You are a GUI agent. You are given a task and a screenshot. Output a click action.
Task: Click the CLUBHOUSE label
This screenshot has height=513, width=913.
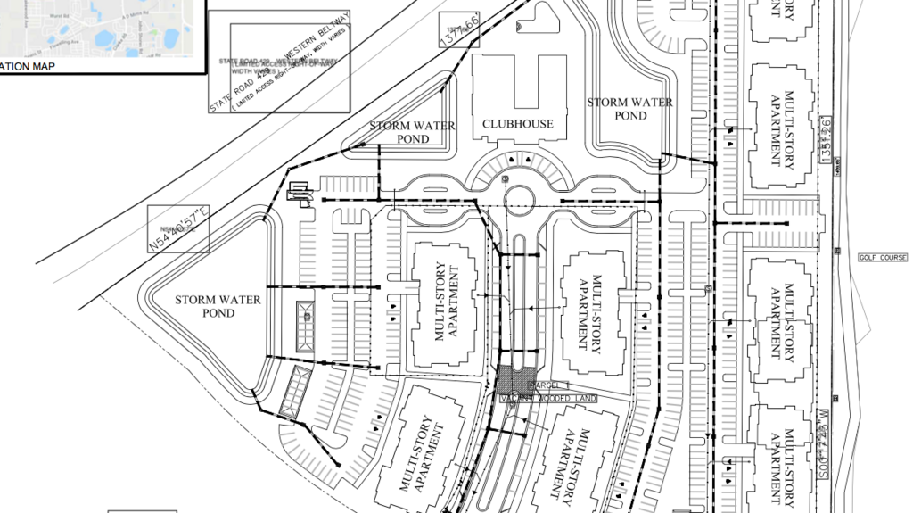tap(517, 124)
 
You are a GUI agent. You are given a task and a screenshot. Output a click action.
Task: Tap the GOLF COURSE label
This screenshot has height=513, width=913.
tap(882, 257)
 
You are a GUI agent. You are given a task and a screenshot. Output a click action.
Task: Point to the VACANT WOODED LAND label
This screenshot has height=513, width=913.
tap(547, 398)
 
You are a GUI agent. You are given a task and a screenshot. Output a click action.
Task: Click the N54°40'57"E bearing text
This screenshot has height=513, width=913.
tap(178, 228)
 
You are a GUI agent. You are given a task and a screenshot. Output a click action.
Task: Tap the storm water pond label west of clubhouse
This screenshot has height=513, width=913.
tap(412, 132)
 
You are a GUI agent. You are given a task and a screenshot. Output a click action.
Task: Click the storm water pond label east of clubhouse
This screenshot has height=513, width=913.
tap(629, 109)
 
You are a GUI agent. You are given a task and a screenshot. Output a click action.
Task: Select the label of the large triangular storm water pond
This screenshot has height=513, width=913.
tap(218, 306)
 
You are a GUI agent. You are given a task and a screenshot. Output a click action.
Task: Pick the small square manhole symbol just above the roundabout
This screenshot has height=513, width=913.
tap(506, 179)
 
